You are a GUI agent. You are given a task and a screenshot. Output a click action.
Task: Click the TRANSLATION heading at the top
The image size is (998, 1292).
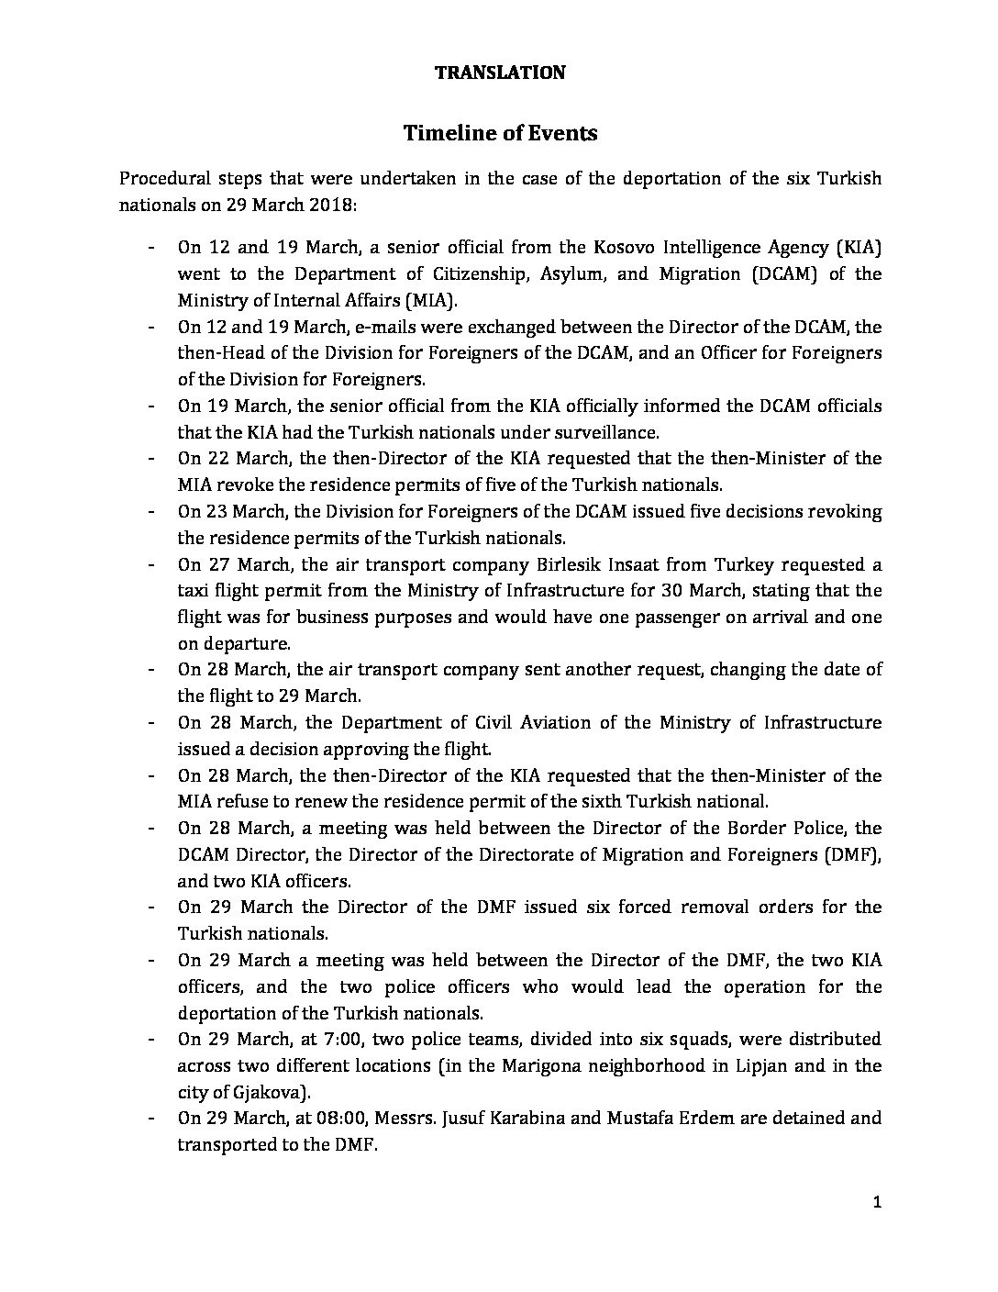499,72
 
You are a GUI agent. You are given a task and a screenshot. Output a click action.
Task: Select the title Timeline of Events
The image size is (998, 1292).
500,133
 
